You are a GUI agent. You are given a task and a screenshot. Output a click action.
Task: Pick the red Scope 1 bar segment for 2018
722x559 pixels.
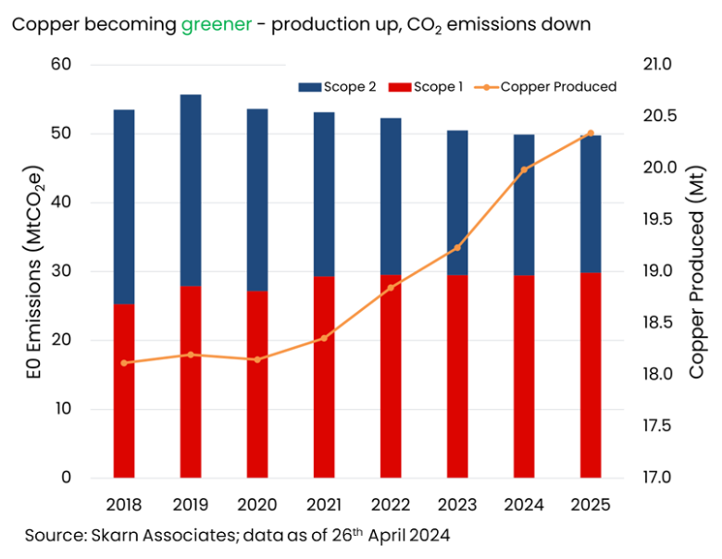(x=124, y=390)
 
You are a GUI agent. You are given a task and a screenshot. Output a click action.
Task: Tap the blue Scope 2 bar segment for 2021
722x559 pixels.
(x=324, y=194)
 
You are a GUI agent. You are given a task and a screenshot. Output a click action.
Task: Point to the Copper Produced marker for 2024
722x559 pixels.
(x=524, y=169)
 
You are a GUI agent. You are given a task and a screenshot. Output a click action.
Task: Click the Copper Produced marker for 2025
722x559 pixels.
(x=591, y=133)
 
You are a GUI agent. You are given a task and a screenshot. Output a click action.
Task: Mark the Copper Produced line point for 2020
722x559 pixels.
(x=257, y=359)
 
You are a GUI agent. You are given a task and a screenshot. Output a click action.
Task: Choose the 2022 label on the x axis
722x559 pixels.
(x=391, y=504)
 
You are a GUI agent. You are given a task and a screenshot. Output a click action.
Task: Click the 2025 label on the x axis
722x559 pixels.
(x=591, y=504)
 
